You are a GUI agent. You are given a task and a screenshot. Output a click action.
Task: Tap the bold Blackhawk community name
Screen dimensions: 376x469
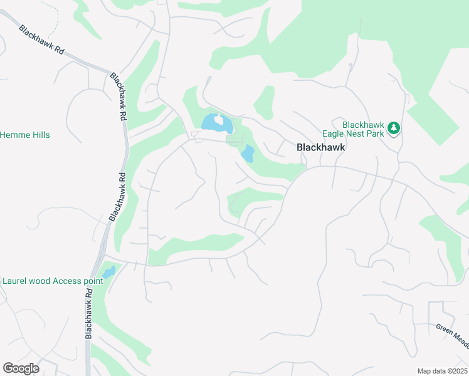coord(320,147)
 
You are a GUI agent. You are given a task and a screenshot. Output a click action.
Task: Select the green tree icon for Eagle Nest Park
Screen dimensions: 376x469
coord(394,128)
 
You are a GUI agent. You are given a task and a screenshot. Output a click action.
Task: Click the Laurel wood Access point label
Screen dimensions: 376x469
coord(52,281)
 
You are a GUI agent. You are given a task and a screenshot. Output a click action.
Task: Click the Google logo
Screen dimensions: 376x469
coord(21,368)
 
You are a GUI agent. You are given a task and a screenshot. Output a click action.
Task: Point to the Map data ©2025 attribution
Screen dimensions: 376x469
coord(441,371)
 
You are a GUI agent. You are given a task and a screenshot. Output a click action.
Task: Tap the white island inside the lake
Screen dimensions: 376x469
coord(219,120)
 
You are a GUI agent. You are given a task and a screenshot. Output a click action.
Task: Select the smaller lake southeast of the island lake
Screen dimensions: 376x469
coord(248,154)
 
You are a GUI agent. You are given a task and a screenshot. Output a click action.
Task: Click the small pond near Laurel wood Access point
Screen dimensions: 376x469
coord(108,273)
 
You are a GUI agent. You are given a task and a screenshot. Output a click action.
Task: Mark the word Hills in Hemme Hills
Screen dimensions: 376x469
coord(39,135)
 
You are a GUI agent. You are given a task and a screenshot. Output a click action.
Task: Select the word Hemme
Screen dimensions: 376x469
coord(13,135)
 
